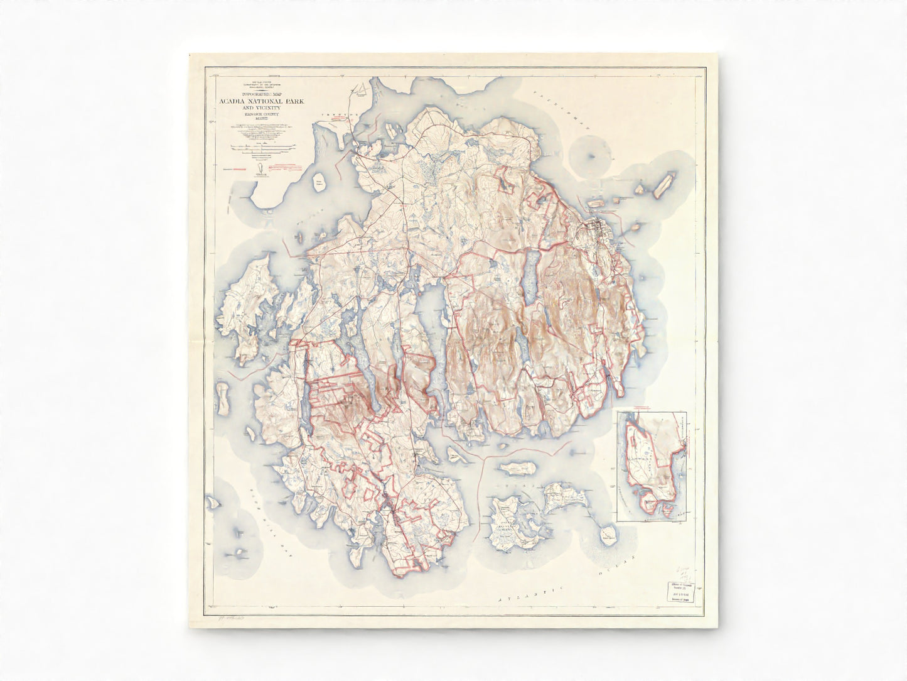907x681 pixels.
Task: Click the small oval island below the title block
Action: click(x=322, y=183)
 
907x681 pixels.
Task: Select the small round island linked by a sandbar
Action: click(x=593, y=158)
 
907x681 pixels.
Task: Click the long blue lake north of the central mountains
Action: click(x=530, y=276)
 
